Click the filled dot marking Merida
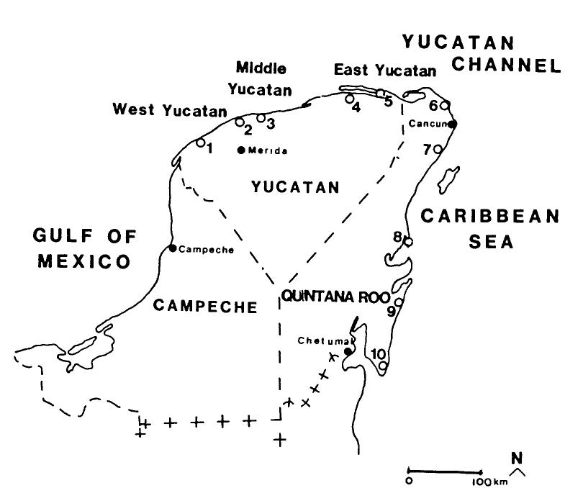click(x=241, y=150)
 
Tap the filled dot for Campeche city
click(x=173, y=248)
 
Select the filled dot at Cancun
click(x=452, y=124)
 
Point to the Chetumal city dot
click(x=348, y=351)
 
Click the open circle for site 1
click(x=200, y=143)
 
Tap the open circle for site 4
click(x=349, y=99)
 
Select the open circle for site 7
click(x=436, y=149)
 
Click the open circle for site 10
click(x=383, y=365)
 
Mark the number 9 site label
click(x=391, y=312)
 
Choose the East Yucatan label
click(x=385, y=71)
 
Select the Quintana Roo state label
click(x=335, y=297)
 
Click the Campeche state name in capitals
click(x=205, y=307)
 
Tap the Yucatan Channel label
click(x=481, y=54)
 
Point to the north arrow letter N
click(x=515, y=458)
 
